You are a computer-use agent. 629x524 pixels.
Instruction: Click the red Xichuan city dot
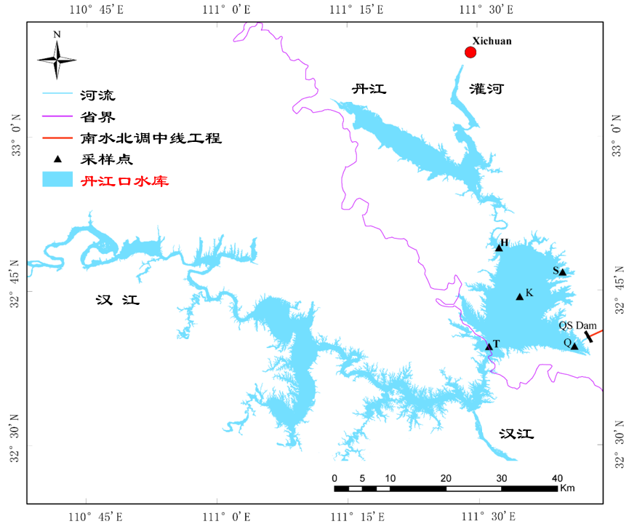(x=470, y=52)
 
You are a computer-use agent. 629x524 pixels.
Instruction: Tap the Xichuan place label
(x=492, y=41)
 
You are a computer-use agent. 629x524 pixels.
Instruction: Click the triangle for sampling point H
(x=499, y=248)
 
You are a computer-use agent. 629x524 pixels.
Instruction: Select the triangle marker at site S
(x=562, y=272)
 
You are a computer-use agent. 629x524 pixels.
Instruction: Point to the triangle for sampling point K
(x=519, y=296)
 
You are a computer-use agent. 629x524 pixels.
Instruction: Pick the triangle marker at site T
(x=489, y=346)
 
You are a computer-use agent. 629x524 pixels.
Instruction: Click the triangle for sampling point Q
(x=574, y=346)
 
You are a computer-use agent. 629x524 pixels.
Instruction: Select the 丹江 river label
(x=369, y=90)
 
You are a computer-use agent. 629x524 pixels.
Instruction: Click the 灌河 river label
(x=486, y=90)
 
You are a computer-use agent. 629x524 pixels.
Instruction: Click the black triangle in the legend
(x=57, y=158)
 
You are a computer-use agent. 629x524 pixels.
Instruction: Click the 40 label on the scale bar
(x=558, y=478)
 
